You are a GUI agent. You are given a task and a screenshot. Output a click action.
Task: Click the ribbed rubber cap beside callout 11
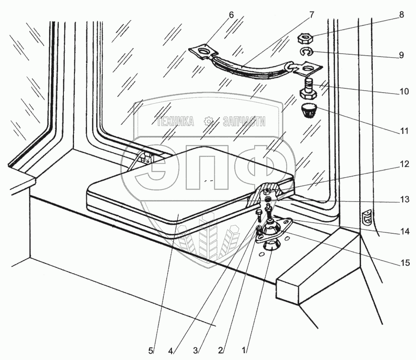tap(307, 110)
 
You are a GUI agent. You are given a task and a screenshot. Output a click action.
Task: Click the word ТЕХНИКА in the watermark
tap(175, 122)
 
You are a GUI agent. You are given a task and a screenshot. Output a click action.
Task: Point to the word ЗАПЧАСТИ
tap(244, 122)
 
